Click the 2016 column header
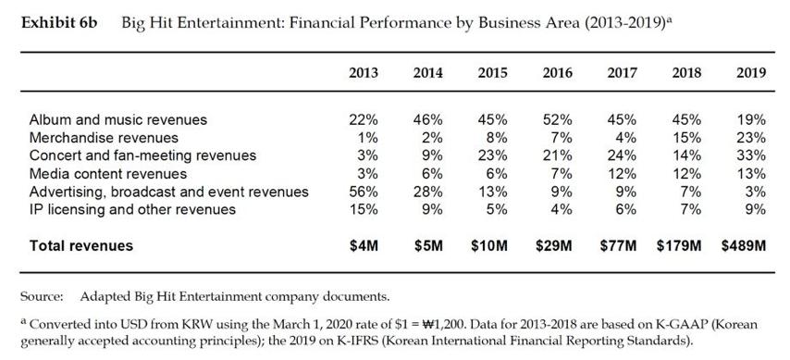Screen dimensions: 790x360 (x=557, y=72)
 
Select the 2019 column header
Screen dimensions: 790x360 (x=751, y=72)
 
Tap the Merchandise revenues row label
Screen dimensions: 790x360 (x=104, y=138)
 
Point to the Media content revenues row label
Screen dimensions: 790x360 (x=108, y=174)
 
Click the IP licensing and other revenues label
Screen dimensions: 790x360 (x=132, y=210)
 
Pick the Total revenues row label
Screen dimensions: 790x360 (x=81, y=245)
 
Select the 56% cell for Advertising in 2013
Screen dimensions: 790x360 (x=364, y=192)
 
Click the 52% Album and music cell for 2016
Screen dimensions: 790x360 (x=557, y=120)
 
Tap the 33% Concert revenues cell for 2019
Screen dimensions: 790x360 (x=751, y=155)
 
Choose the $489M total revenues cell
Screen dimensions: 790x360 (x=743, y=245)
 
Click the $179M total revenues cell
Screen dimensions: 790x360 (x=679, y=245)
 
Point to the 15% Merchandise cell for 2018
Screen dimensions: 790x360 (x=686, y=138)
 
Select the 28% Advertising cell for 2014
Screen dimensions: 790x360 (x=427, y=192)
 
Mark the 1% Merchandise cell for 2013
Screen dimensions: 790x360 (x=367, y=138)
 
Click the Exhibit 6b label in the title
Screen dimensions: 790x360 (x=59, y=24)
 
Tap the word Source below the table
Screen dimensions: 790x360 (x=42, y=296)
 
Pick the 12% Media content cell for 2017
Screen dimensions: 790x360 (x=622, y=174)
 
